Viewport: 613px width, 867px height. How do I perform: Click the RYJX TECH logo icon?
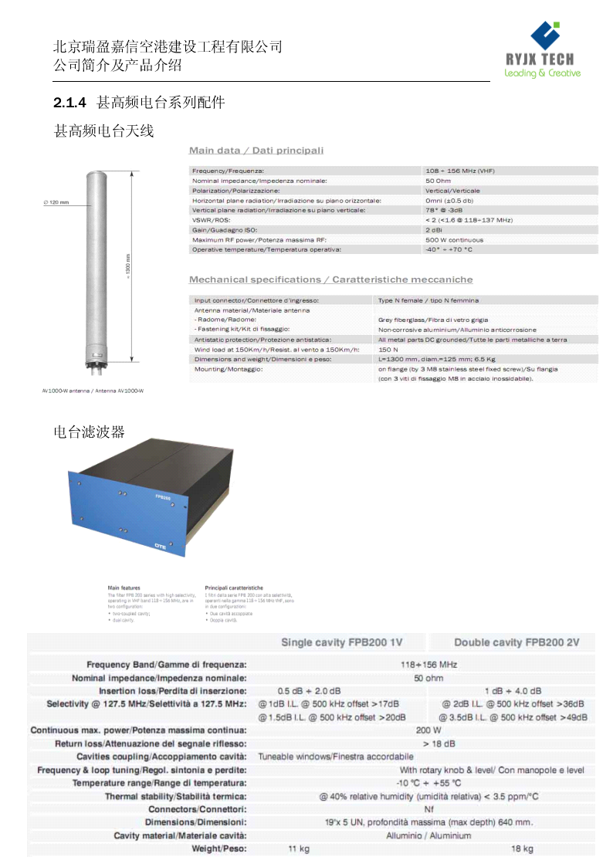[544, 36]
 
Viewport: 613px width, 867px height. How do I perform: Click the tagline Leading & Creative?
[542, 73]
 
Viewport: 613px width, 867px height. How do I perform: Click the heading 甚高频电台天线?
[103, 131]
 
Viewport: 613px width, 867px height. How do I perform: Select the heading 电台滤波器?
[89, 431]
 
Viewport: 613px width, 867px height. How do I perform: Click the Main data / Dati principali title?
[256, 150]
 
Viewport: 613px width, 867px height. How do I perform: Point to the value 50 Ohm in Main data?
[438, 180]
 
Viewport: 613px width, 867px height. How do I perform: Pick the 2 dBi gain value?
[433, 230]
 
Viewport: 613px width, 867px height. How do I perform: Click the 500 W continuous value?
[454, 240]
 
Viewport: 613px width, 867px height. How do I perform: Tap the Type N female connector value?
[428, 300]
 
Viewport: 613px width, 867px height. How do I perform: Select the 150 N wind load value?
[388, 349]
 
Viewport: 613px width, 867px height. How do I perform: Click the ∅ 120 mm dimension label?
[56, 202]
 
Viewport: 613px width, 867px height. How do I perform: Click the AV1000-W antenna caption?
[93, 391]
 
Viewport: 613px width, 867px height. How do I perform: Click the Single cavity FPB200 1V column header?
[341, 642]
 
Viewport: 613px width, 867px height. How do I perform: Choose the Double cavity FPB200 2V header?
[516, 642]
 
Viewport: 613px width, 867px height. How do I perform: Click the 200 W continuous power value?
[428, 730]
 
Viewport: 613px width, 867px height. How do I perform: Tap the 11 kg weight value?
[299, 848]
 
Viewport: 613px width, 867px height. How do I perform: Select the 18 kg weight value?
[522, 848]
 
